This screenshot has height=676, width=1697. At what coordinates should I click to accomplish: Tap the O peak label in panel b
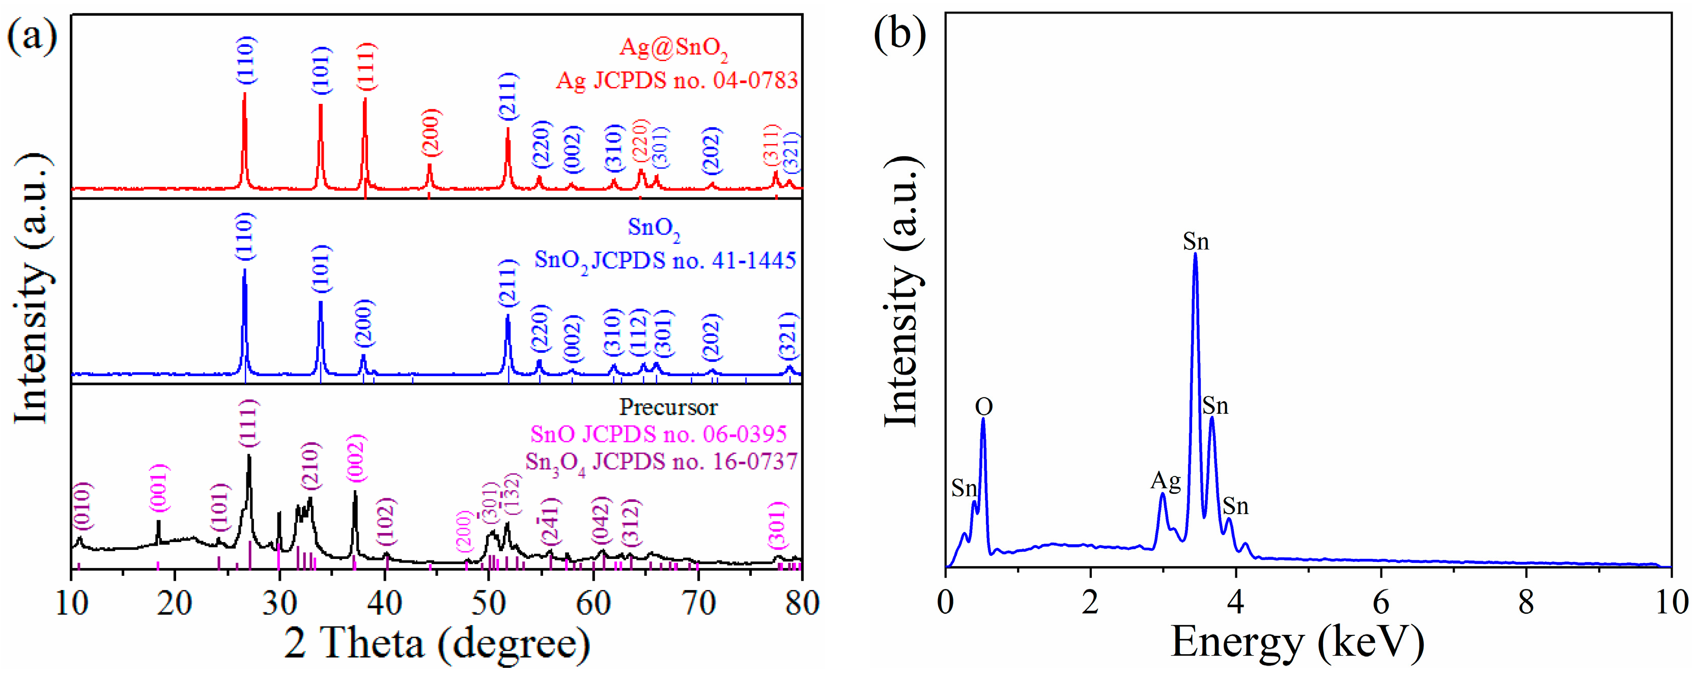[x=983, y=407]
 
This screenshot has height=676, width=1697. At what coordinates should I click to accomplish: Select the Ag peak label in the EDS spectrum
[x=1166, y=481]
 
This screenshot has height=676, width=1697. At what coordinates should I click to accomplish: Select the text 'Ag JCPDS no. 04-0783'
[x=676, y=81]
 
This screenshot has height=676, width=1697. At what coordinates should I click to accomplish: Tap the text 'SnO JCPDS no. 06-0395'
[x=658, y=434]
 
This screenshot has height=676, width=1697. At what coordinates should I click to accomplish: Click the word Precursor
[x=668, y=407]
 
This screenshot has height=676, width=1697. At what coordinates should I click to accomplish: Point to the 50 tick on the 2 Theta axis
[x=488, y=603]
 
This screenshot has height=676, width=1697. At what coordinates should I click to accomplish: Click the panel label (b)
[x=900, y=33]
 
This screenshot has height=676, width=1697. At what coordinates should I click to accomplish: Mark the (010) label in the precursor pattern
[x=82, y=506]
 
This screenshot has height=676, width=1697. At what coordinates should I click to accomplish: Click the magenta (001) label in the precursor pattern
[x=159, y=488]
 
